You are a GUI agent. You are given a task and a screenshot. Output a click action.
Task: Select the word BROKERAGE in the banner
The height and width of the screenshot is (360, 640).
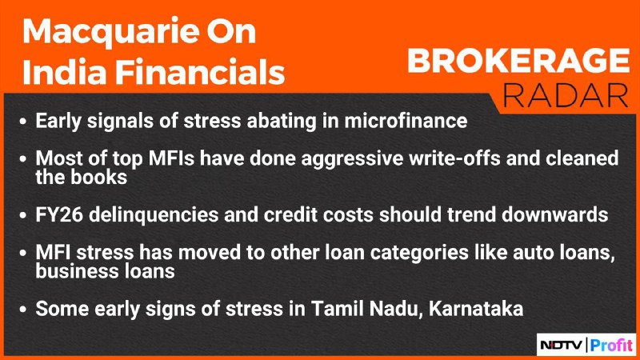pyautogui.click(x=518, y=61)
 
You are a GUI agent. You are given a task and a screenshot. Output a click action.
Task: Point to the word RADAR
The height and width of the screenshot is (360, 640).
pyautogui.click(x=565, y=96)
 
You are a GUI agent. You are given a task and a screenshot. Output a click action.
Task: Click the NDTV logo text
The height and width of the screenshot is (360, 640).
pyautogui.click(x=562, y=346)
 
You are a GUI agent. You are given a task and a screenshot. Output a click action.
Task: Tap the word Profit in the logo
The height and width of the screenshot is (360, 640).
pyautogui.click(x=611, y=346)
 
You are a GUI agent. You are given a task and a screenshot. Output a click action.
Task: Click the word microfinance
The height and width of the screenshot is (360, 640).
pyautogui.click(x=406, y=121)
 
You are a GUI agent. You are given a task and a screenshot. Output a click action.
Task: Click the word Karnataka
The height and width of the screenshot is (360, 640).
pyautogui.click(x=476, y=309)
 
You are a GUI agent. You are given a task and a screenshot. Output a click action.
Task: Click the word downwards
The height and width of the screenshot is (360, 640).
pyautogui.click(x=555, y=214)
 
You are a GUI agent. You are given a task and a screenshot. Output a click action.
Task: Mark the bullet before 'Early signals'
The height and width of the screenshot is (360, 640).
pyautogui.click(x=23, y=122)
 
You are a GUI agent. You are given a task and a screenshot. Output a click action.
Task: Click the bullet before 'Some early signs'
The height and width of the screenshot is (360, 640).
pyautogui.click(x=23, y=309)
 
